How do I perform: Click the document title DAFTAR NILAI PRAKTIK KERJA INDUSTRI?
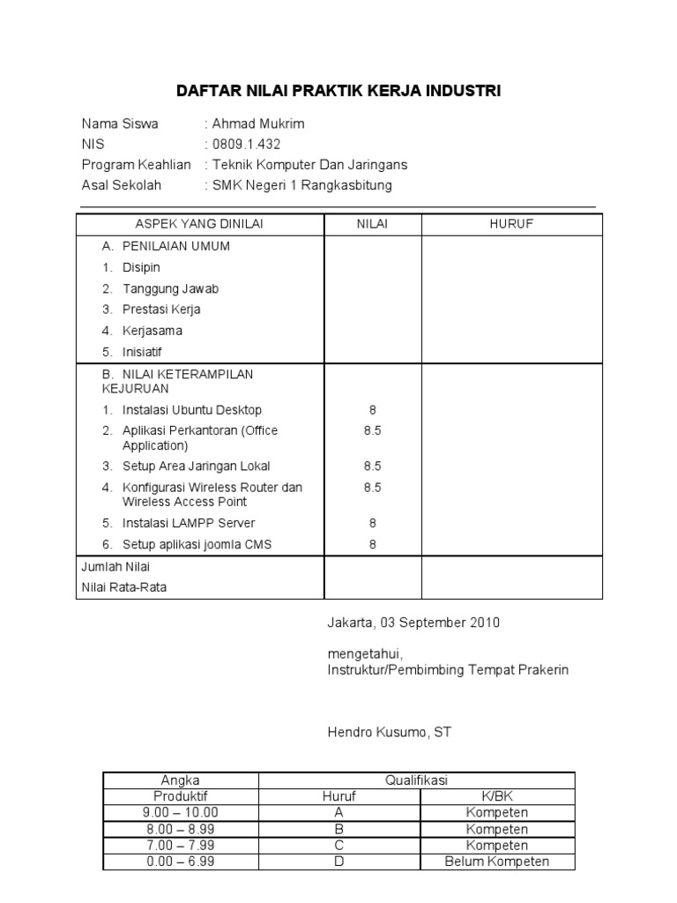(338, 91)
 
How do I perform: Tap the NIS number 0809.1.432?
(246, 144)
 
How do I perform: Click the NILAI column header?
(372, 225)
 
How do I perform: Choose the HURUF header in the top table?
(511, 225)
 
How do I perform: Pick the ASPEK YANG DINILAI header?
(199, 225)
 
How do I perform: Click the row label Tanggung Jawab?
(170, 288)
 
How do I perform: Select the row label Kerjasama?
(153, 331)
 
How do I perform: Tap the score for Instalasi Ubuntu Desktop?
(372, 410)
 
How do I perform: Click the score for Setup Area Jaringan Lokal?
(372, 466)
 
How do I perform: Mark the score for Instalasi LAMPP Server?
(372, 523)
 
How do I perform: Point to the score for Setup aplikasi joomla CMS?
(372, 544)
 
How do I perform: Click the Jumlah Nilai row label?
(116, 567)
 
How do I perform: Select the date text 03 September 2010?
(440, 623)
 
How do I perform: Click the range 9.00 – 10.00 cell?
(181, 813)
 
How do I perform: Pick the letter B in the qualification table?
(338, 829)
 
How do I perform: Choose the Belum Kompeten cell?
(497, 862)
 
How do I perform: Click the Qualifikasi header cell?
(416, 780)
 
